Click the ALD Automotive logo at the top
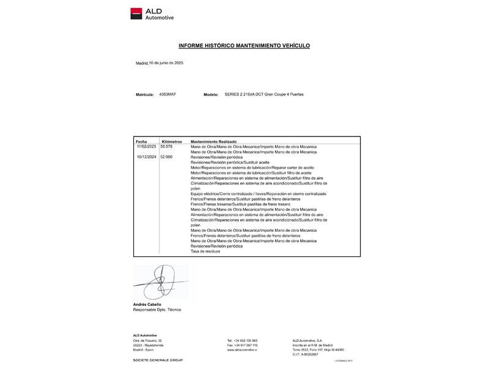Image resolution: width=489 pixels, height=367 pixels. click(x=152, y=13)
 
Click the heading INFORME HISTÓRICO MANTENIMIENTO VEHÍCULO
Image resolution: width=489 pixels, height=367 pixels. click(x=244, y=46)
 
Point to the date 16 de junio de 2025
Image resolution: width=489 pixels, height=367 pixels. click(x=166, y=63)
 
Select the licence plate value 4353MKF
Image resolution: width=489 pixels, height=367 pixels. click(x=167, y=95)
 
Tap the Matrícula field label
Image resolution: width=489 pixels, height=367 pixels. click(x=145, y=95)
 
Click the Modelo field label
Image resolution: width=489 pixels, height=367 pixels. click(x=211, y=95)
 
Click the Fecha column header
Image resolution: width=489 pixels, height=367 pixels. click(x=141, y=141)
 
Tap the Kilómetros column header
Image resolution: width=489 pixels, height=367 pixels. click(x=171, y=141)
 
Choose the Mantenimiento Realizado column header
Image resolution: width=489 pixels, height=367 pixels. click(x=213, y=141)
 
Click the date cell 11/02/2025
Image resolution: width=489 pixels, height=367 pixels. click(x=147, y=147)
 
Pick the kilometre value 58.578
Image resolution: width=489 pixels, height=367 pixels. click(x=166, y=147)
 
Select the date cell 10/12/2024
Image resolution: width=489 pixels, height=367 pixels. click(x=147, y=157)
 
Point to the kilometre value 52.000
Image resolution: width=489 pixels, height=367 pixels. click(x=166, y=157)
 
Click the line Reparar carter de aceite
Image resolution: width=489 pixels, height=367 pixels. click(x=252, y=168)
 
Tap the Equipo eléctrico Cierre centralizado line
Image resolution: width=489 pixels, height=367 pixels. click(x=258, y=194)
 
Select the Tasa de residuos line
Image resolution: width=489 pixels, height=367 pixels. click(x=205, y=251)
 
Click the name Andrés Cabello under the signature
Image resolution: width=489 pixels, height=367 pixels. click(x=147, y=305)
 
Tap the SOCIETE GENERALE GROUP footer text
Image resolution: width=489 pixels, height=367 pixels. click(x=158, y=360)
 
